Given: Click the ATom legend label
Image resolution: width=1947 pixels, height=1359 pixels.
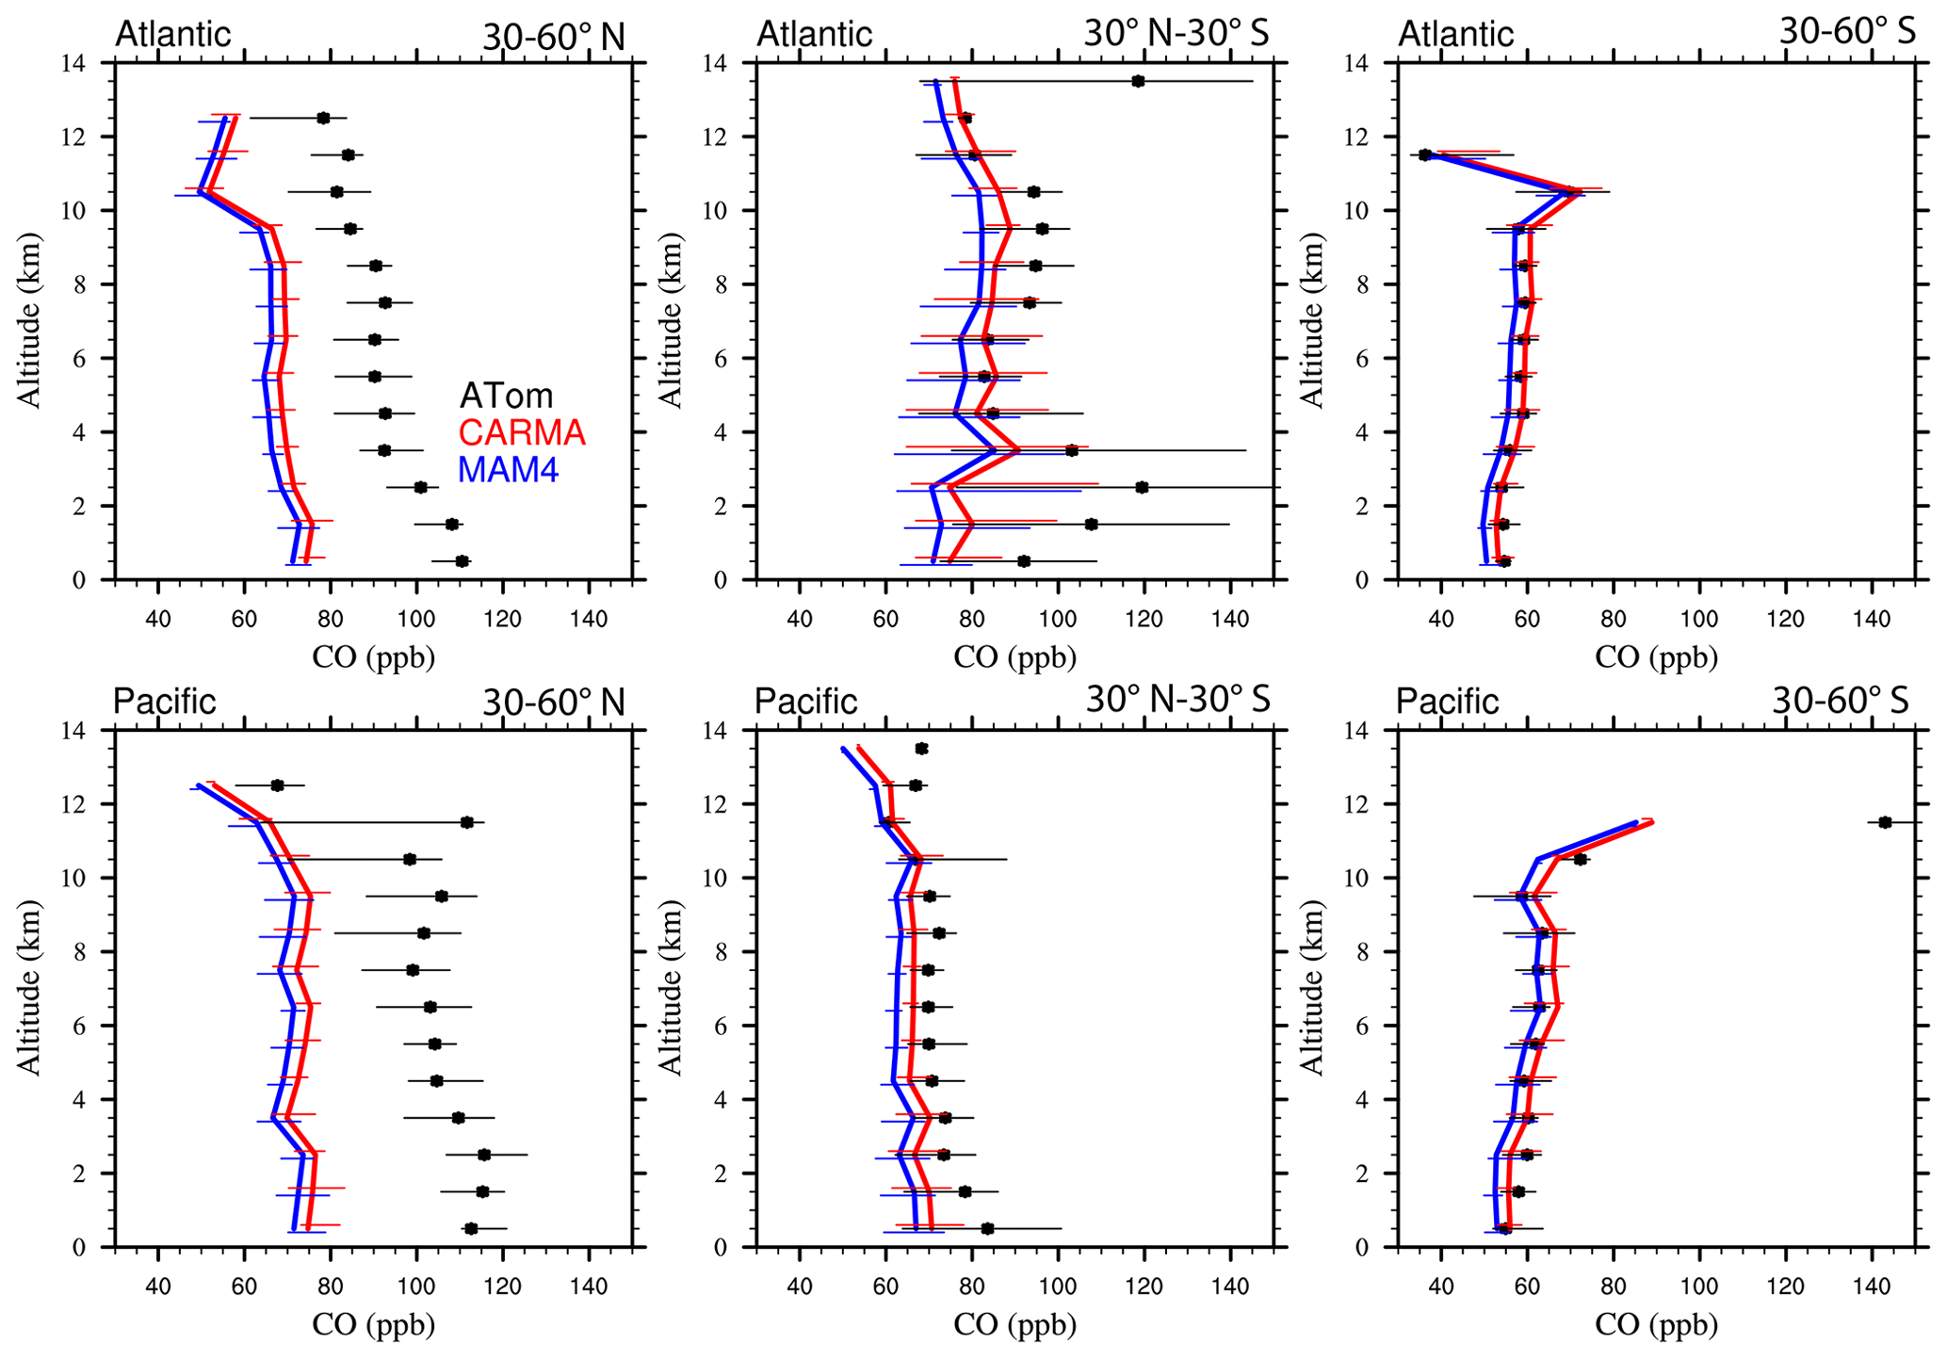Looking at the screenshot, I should [x=506, y=396].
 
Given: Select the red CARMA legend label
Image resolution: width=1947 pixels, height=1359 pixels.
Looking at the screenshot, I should [x=522, y=432].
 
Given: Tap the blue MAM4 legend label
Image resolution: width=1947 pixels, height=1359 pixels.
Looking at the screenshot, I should [x=508, y=469].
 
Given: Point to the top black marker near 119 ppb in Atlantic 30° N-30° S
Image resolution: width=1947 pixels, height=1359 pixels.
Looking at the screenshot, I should [x=1138, y=81].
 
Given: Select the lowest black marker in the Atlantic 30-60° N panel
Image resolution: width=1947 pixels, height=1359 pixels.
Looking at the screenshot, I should [x=462, y=561].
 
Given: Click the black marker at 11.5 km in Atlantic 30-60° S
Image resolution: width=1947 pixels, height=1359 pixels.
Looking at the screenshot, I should [x=1425, y=154].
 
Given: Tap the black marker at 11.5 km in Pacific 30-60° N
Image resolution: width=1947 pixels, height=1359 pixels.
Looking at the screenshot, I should [x=466, y=822].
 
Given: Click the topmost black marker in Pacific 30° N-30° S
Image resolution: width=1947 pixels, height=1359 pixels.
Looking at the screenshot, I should [x=921, y=749].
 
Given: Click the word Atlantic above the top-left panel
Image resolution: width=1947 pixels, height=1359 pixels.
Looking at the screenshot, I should [x=172, y=34].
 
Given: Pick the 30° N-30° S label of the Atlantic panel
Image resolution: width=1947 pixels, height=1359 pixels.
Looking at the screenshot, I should [x=1176, y=33].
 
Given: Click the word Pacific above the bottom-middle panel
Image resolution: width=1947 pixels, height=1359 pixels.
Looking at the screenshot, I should [x=806, y=702].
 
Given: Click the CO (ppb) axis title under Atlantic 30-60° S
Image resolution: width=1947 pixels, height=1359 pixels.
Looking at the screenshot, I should [x=1656, y=656].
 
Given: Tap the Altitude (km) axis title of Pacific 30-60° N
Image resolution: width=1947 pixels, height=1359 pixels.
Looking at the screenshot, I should [x=30, y=987].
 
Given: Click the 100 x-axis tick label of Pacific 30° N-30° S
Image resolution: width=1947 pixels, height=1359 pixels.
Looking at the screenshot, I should [x=1058, y=1287].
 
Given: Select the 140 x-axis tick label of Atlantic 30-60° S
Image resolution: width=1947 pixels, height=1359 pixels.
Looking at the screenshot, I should [x=1872, y=620].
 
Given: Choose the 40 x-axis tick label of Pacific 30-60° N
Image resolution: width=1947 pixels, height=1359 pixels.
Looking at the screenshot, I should [x=158, y=1287].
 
